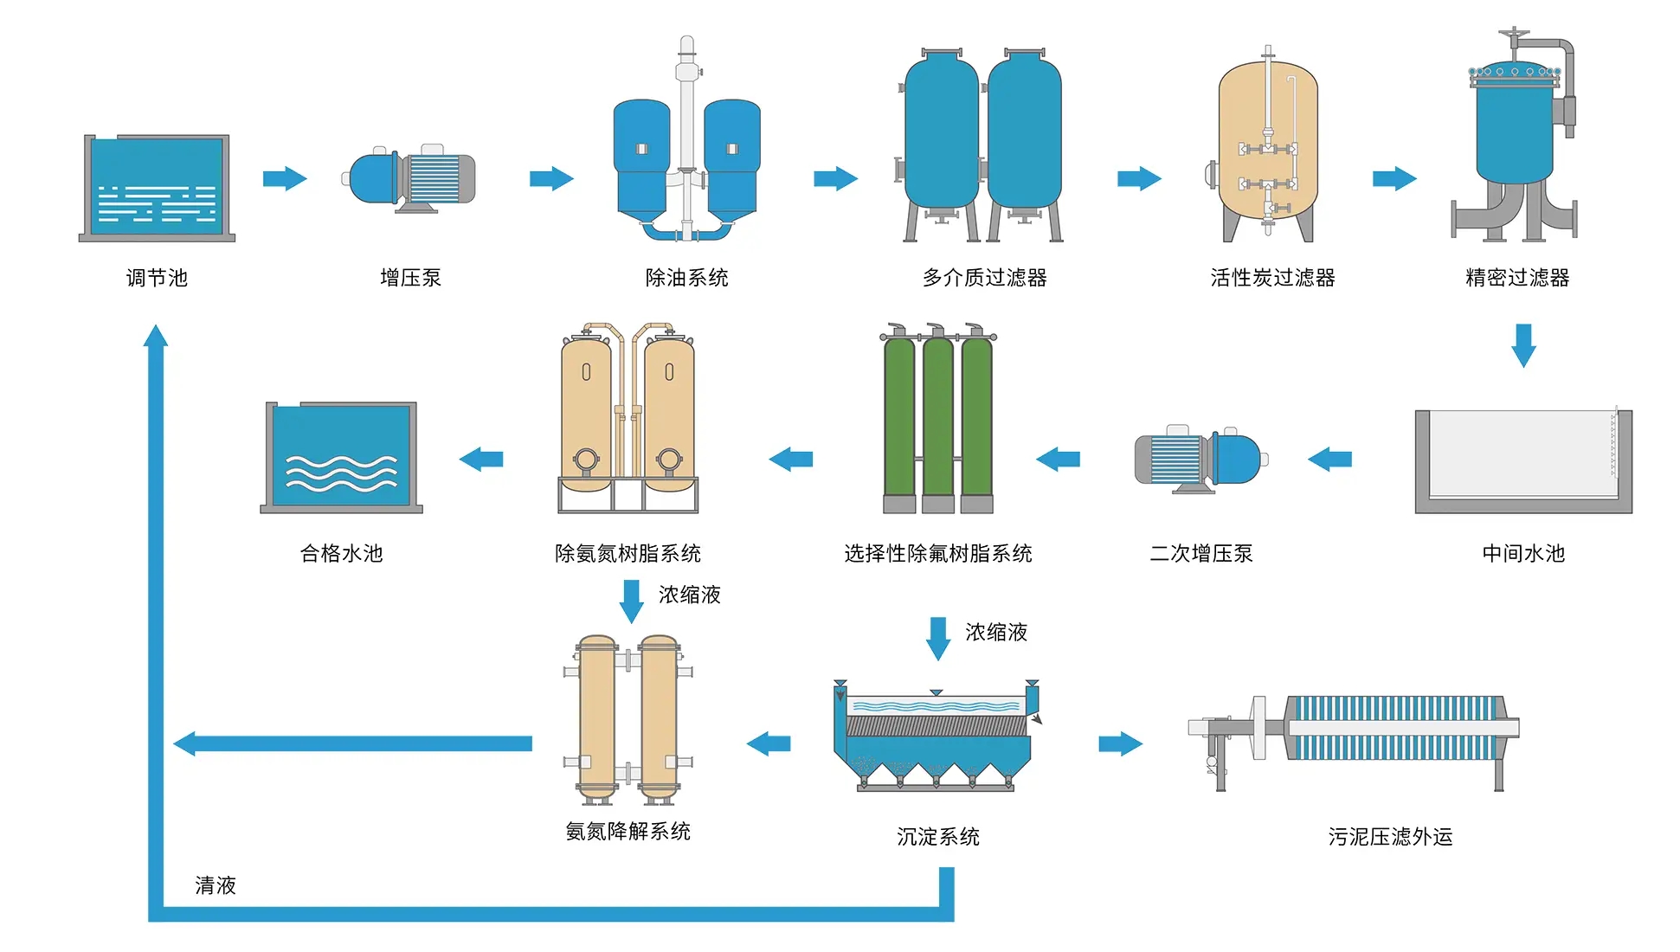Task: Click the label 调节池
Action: [157, 278]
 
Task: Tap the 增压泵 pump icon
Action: [412, 179]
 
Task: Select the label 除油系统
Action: [686, 278]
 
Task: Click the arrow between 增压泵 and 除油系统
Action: [551, 179]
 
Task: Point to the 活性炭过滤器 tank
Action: [1268, 147]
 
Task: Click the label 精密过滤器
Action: [1517, 278]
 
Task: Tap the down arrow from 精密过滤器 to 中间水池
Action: [1523, 345]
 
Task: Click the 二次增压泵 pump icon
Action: [1200, 459]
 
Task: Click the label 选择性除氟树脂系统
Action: [938, 554]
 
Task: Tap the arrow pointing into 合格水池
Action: [481, 460]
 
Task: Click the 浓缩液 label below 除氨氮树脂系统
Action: [690, 595]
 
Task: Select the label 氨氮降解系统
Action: [628, 832]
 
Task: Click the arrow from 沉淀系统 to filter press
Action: [1121, 743]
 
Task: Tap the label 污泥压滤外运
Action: [1390, 837]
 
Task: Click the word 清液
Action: [216, 885]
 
